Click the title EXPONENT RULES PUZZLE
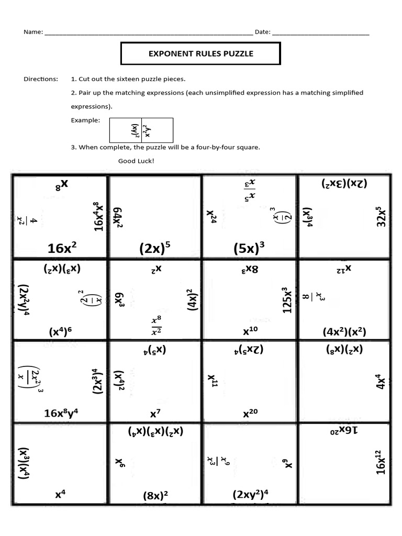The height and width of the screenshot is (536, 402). (x=201, y=53)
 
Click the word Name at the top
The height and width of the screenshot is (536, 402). (x=33, y=32)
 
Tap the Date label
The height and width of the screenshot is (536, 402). (x=262, y=32)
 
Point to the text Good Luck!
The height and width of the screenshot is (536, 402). (x=136, y=161)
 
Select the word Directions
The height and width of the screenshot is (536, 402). (x=41, y=79)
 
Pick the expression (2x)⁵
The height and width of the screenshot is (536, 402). (x=155, y=249)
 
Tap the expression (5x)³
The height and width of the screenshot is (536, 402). (x=250, y=249)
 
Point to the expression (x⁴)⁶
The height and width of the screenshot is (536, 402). (x=61, y=332)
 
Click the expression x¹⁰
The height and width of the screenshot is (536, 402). (x=250, y=331)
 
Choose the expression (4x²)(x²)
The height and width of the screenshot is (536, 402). (x=344, y=332)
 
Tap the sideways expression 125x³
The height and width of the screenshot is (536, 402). (x=287, y=300)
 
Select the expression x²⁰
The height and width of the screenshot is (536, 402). (x=250, y=414)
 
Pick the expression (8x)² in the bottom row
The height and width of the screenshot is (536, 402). (x=156, y=495)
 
